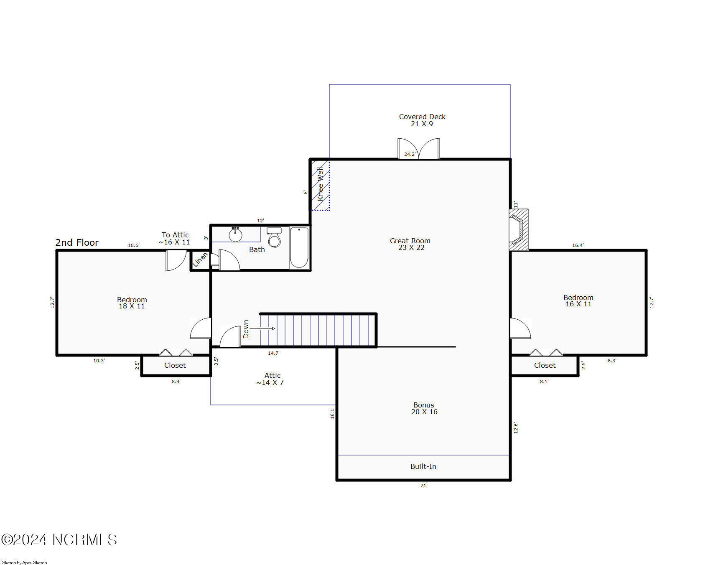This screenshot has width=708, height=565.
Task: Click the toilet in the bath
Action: click(x=274, y=237)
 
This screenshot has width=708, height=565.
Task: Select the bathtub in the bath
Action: click(x=299, y=247)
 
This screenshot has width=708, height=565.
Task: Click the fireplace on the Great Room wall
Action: click(x=518, y=229)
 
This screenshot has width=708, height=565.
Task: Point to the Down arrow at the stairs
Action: click(x=263, y=328)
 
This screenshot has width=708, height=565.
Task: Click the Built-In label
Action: click(x=423, y=466)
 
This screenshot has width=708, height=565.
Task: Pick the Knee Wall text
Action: click(x=320, y=184)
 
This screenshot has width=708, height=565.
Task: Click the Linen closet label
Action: click(x=200, y=260)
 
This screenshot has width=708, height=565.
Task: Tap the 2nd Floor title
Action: click(x=77, y=242)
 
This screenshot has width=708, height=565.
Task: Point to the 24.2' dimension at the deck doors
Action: click(x=410, y=154)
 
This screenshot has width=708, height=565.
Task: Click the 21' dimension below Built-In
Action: click(x=424, y=486)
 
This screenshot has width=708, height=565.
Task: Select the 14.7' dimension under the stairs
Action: click(x=274, y=353)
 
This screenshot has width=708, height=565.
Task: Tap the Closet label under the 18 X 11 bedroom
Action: click(x=175, y=365)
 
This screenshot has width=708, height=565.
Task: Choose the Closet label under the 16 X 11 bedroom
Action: click(x=545, y=365)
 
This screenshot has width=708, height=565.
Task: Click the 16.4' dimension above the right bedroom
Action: click(x=578, y=245)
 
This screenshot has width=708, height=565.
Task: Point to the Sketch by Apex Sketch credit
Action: click(x=25, y=562)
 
